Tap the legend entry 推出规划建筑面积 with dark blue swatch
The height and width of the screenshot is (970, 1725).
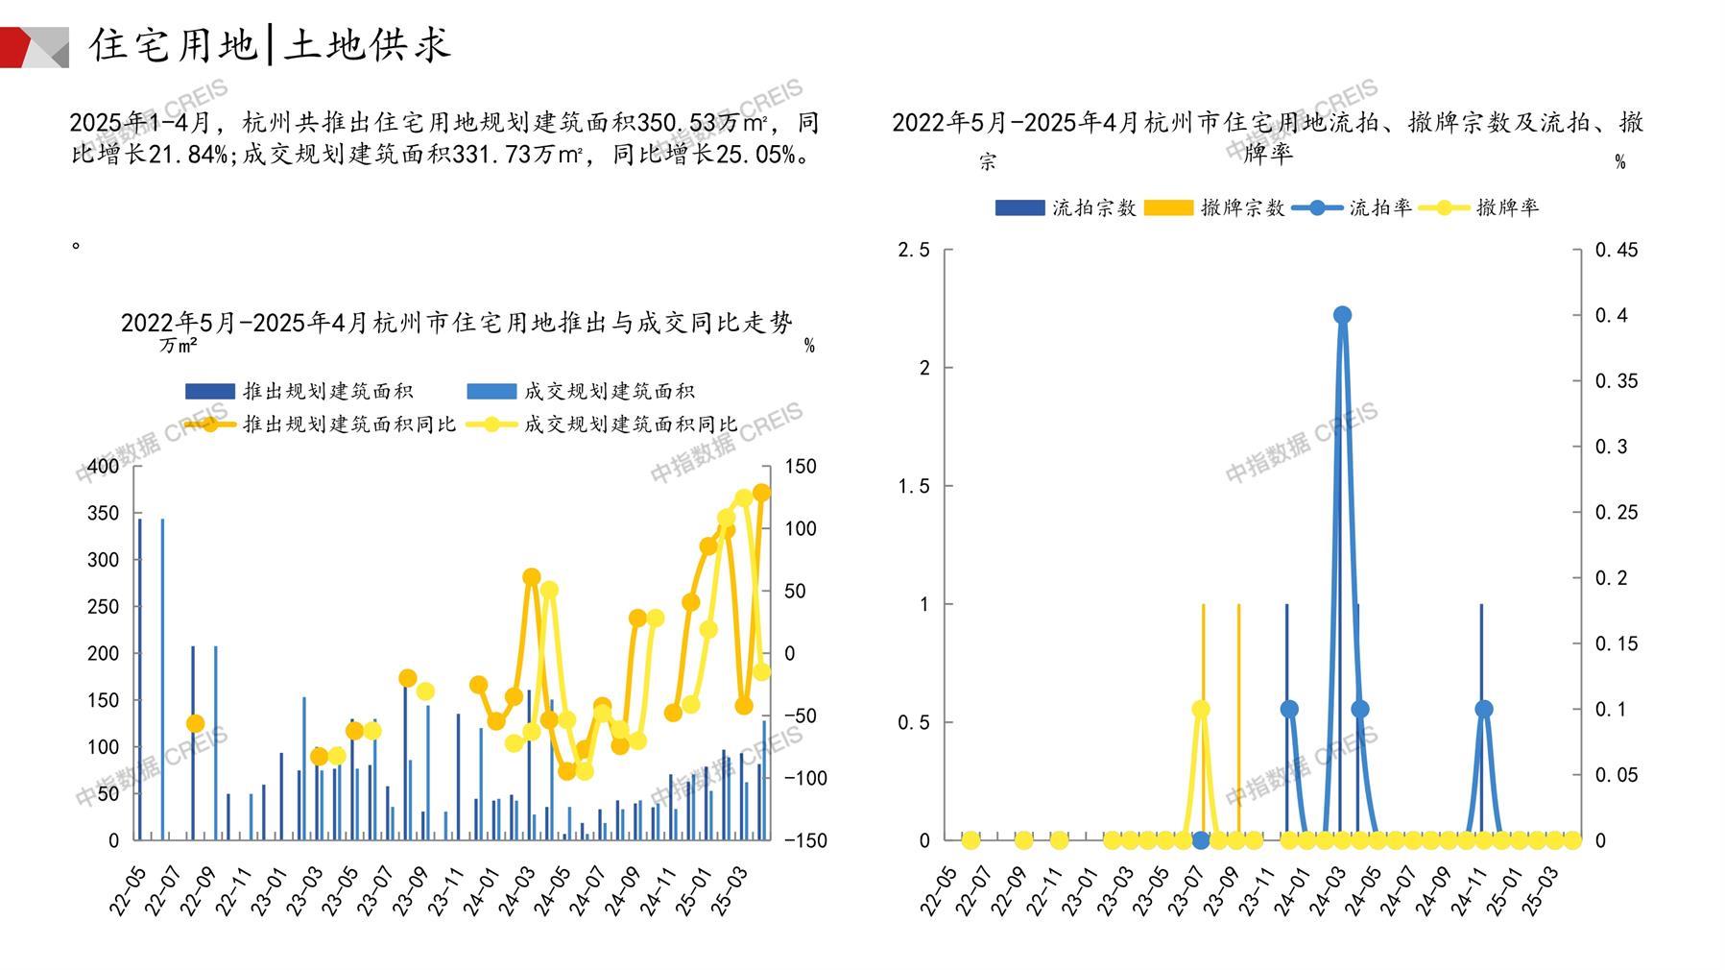(299, 391)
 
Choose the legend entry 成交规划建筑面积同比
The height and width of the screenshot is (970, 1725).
(603, 424)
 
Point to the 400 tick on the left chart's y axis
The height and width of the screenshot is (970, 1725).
(104, 467)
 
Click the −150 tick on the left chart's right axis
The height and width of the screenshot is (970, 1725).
(805, 840)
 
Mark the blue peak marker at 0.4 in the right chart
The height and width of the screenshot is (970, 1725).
(1342, 315)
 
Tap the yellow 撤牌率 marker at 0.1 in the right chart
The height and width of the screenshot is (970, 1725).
(1200, 709)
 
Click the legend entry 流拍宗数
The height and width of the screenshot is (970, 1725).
(1066, 207)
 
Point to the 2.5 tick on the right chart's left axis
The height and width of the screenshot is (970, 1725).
(913, 251)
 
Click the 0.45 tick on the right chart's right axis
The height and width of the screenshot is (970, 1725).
(1617, 251)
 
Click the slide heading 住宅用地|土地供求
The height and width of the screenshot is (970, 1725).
(270, 45)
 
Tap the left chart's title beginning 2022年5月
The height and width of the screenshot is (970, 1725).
(457, 323)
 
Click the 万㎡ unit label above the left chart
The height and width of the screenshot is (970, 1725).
(179, 345)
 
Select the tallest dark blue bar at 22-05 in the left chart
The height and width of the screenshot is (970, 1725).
(139, 678)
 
